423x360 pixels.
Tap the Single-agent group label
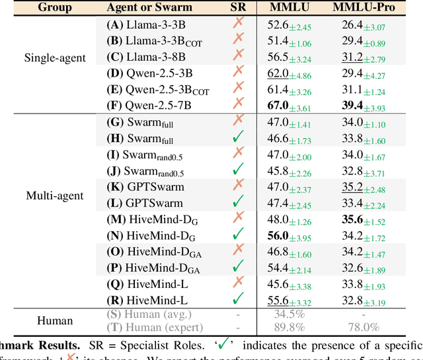pyautogui.click(x=56, y=57)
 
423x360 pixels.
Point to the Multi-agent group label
pyautogui.click(x=55, y=195)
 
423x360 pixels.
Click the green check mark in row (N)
pyautogui.click(x=238, y=233)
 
